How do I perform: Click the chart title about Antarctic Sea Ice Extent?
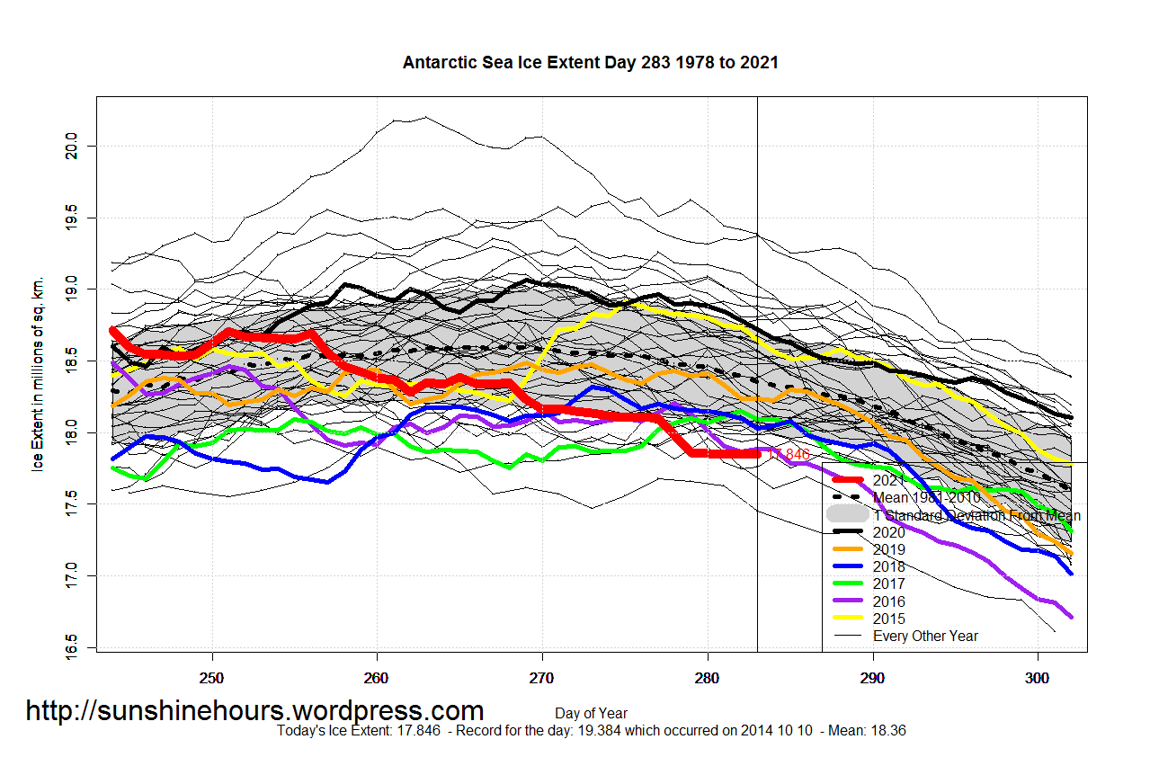[590, 63]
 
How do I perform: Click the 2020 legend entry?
[889, 532]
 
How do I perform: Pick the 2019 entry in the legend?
[889, 549]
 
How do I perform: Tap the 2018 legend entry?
[889, 566]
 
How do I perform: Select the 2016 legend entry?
[889, 601]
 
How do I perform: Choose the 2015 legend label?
[889, 619]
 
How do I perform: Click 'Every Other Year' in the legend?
[925, 636]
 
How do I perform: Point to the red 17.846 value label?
[789, 455]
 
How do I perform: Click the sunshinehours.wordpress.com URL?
[254, 711]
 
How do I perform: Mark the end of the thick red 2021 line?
[757, 454]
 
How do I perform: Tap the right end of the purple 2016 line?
[1071, 617]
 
